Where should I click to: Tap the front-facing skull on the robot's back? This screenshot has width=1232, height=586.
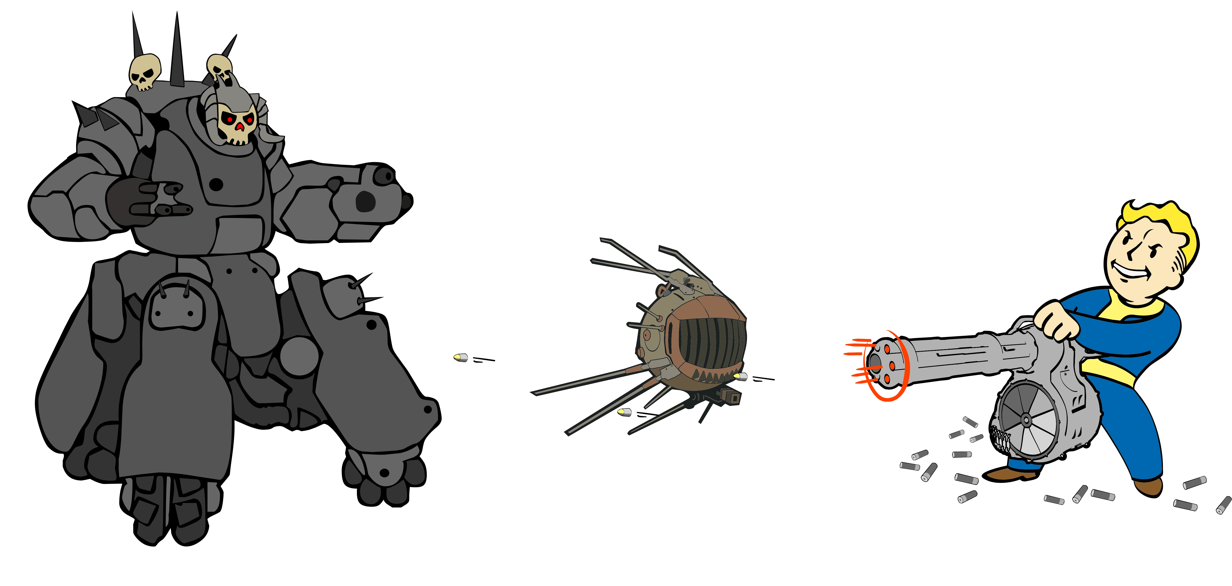[x=144, y=72]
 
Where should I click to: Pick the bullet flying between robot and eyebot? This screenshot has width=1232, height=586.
[x=461, y=357]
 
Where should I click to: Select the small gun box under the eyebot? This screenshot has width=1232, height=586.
[x=731, y=397]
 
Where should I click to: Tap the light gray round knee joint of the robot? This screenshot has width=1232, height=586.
[x=299, y=356]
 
